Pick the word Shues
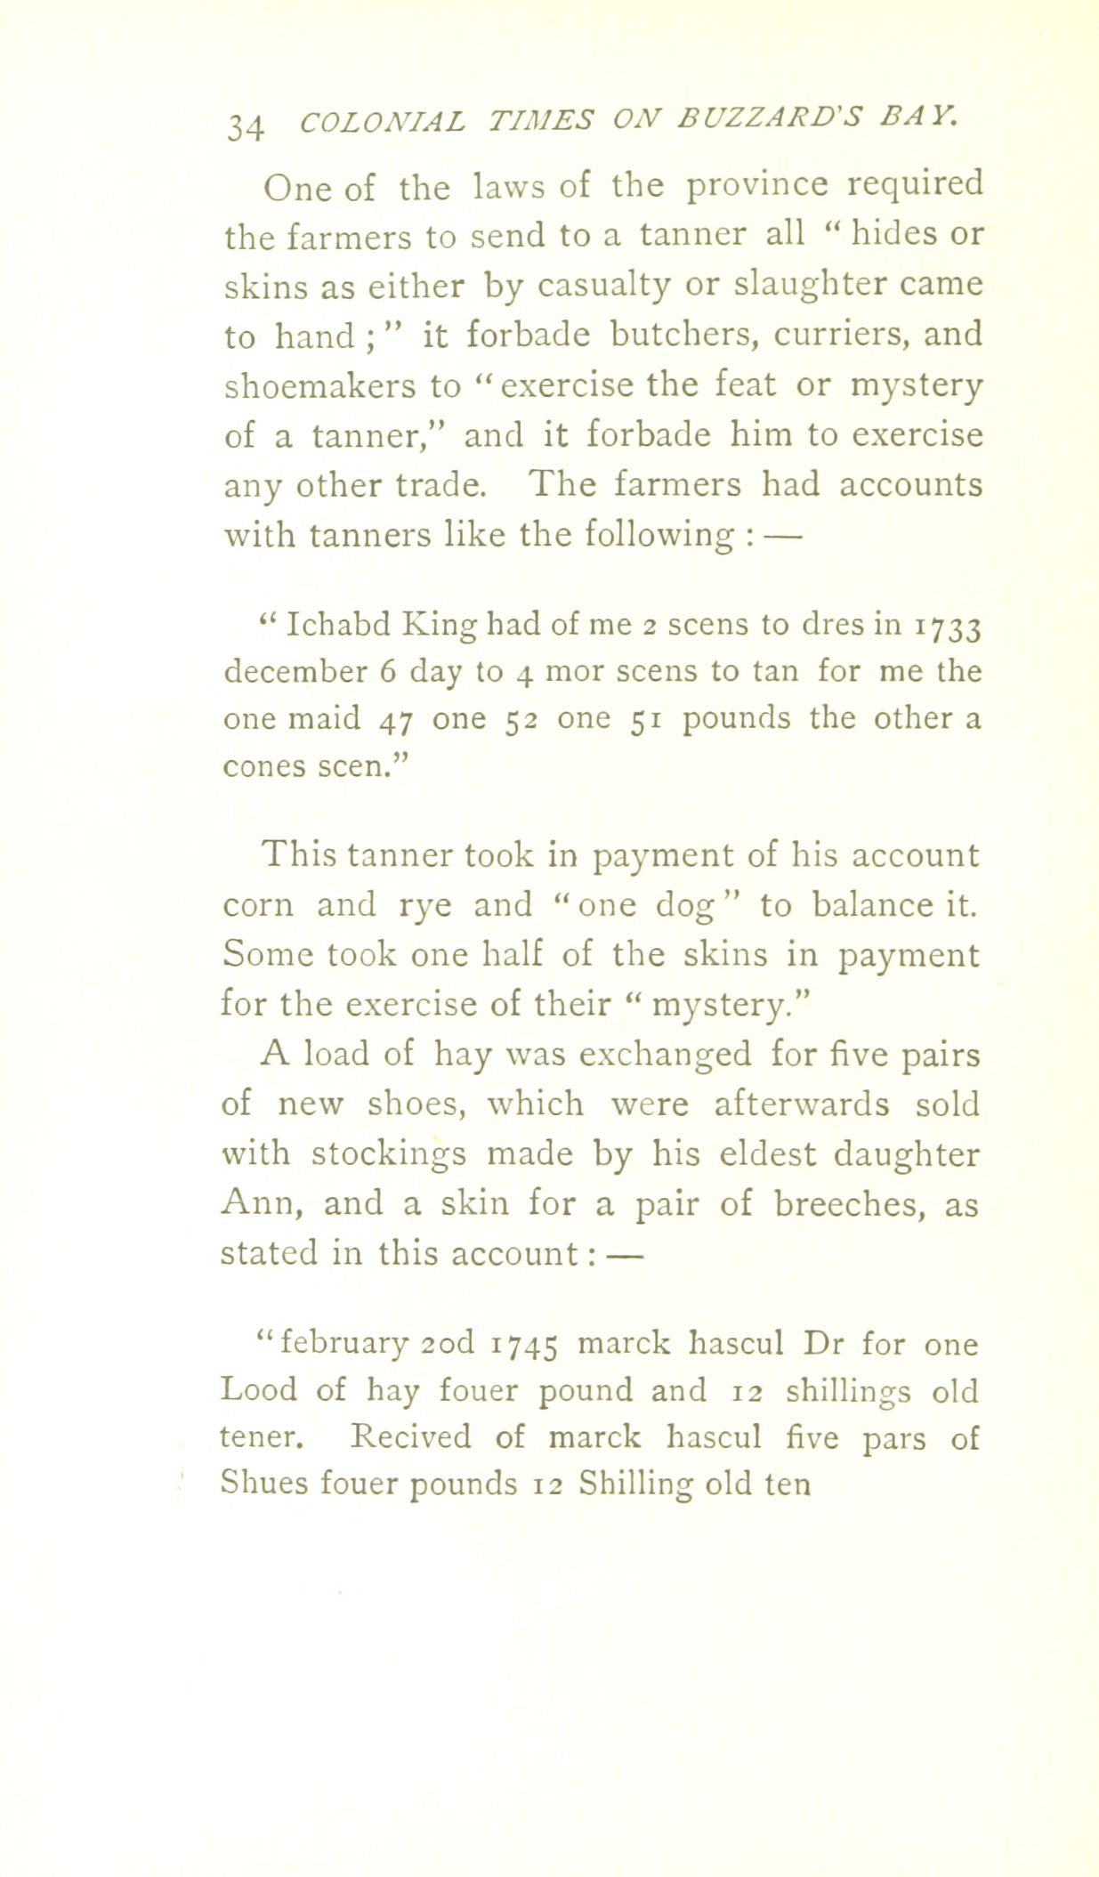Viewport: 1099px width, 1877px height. tap(264, 1484)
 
